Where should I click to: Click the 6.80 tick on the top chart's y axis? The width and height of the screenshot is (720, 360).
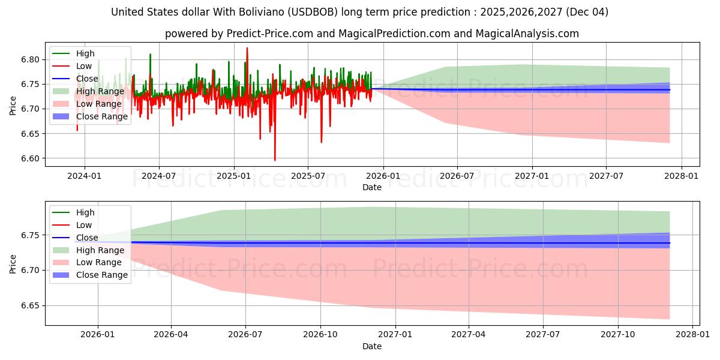click(x=31, y=59)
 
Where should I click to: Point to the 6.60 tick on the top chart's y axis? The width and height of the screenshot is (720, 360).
click(x=31, y=158)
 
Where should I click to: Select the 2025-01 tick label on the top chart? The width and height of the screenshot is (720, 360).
click(x=233, y=176)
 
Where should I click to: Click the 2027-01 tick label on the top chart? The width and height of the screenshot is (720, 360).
click(x=531, y=176)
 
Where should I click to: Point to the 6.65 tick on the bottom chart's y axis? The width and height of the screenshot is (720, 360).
click(x=31, y=306)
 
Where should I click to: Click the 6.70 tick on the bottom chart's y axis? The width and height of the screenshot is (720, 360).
click(x=31, y=271)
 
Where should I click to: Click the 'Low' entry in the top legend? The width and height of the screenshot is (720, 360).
click(x=84, y=66)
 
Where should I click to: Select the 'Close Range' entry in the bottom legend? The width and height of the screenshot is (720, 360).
click(x=102, y=275)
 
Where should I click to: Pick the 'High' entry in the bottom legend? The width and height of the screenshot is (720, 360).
click(x=85, y=212)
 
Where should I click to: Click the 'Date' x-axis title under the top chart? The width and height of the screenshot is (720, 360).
click(x=372, y=187)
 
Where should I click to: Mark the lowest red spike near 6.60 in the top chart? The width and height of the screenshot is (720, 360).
click(x=275, y=159)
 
